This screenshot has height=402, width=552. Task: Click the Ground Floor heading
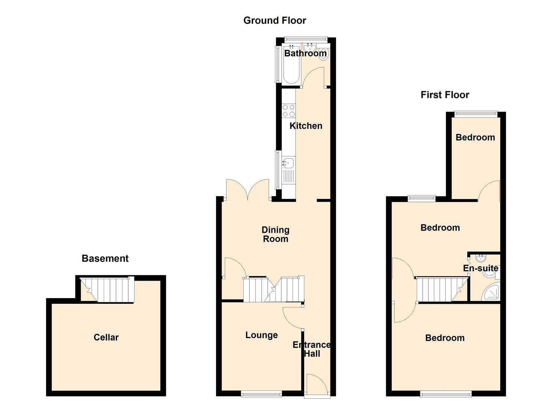275,20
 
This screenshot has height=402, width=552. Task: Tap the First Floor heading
445,95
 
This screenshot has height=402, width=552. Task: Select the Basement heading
105,258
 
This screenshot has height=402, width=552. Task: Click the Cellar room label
106,337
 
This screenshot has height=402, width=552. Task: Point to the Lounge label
261,335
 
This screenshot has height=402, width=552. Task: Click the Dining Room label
275,234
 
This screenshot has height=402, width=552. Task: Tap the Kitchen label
306,126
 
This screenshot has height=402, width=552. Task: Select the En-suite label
481,268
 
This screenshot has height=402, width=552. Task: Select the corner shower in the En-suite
491,293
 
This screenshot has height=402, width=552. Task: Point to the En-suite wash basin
481,258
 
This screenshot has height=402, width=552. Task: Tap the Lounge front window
261,394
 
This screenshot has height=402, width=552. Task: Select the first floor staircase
442,289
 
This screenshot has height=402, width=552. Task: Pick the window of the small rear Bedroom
475,114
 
